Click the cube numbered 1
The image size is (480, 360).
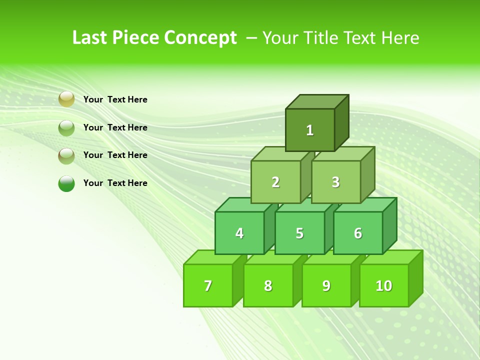click(x=310, y=130)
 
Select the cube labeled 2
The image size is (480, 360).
click(x=275, y=182)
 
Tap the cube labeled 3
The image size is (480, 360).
click(x=335, y=182)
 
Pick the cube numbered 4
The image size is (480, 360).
click(x=239, y=233)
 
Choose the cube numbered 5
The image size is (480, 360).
click(x=299, y=233)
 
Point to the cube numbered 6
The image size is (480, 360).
click(x=358, y=233)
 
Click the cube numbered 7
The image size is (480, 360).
click(x=208, y=285)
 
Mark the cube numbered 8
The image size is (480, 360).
click(x=268, y=285)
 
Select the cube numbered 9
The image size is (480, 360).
click(x=326, y=285)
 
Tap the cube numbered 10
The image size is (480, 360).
click(x=383, y=285)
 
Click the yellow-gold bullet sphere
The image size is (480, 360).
click(x=66, y=99)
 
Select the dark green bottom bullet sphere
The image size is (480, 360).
click(x=66, y=183)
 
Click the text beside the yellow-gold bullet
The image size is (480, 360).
click(x=115, y=99)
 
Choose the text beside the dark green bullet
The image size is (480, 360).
click(x=115, y=183)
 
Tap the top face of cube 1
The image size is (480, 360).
click(x=317, y=101)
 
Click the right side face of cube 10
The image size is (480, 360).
click(x=415, y=278)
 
